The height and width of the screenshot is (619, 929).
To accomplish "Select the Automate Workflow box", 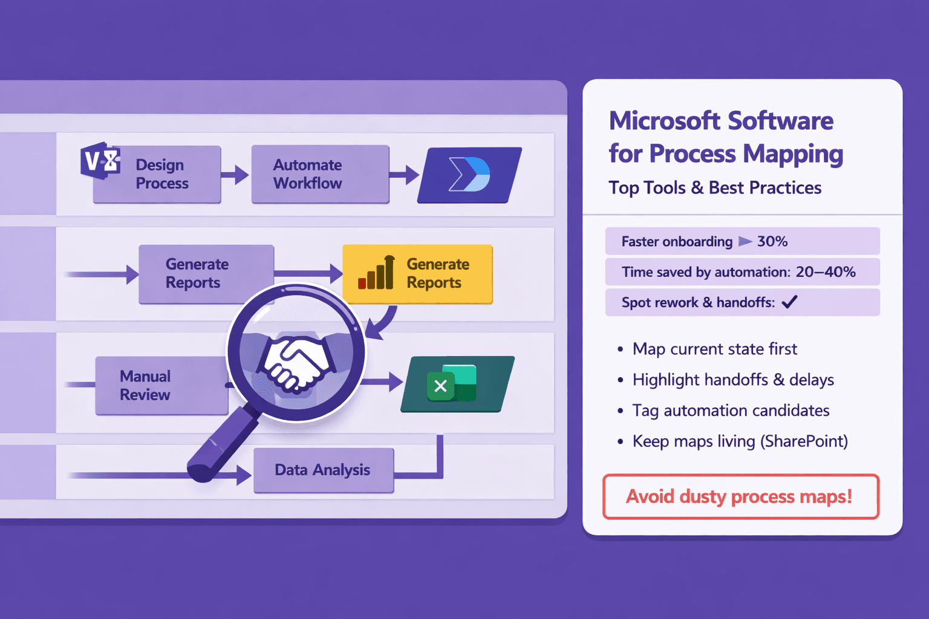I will (x=319, y=174).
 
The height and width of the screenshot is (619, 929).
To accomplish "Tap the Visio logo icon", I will (x=100, y=161).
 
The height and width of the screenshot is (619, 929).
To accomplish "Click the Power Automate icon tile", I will (x=469, y=175).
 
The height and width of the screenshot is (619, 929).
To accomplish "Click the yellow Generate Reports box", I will (x=417, y=273).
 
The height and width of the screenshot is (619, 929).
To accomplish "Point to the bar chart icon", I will (x=377, y=273).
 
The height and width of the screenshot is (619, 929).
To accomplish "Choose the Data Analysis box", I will (x=323, y=470).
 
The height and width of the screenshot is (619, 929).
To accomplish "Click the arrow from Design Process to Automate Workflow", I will (x=235, y=175).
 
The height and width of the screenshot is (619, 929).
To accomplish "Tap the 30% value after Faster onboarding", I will (x=772, y=242).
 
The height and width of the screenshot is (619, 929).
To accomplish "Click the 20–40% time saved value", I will (x=826, y=272).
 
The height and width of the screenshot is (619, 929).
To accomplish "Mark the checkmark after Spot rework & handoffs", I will (x=790, y=302).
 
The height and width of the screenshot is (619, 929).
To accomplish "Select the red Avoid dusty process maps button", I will (x=740, y=497).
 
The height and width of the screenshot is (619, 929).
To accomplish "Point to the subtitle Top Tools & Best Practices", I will (x=715, y=188).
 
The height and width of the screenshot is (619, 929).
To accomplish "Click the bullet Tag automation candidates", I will (x=731, y=411).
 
